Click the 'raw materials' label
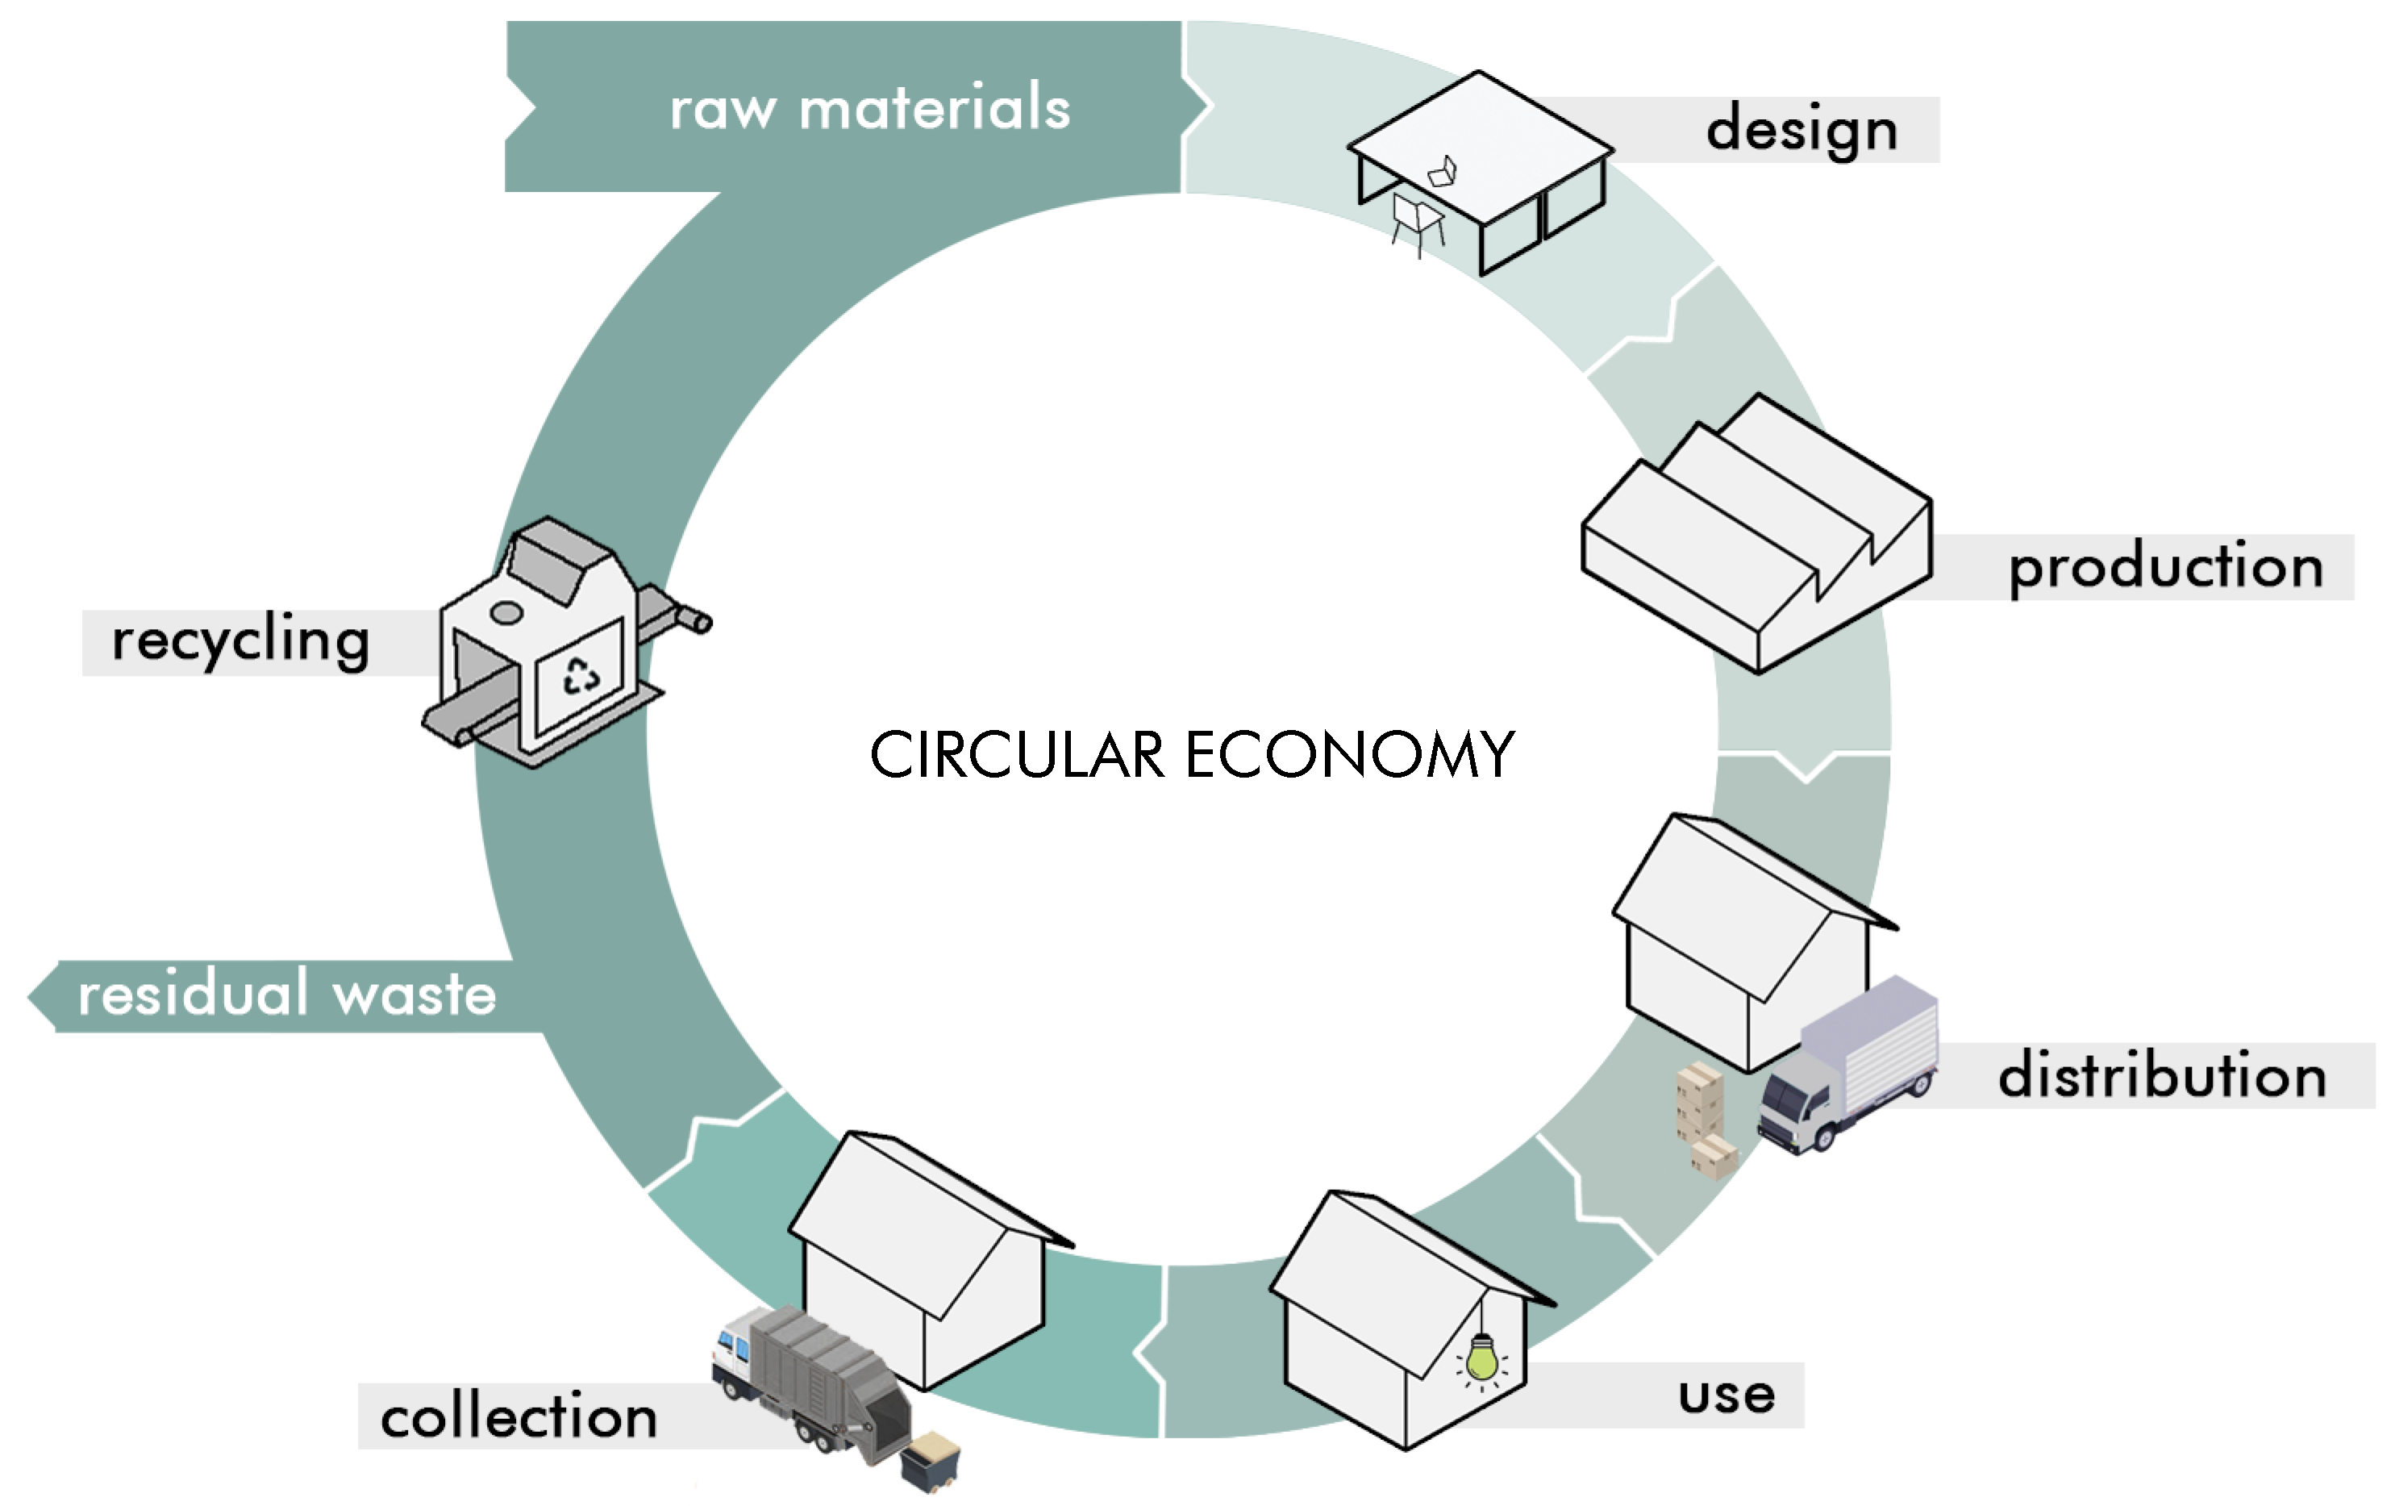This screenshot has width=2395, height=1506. tap(869, 107)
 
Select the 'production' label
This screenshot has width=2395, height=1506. tap(2165, 567)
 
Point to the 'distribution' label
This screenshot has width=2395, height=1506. tap(2162, 1076)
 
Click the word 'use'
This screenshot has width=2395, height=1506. tap(1726, 1395)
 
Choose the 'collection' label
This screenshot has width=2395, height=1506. tap(519, 1416)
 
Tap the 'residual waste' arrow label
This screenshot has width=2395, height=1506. tap(286, 995)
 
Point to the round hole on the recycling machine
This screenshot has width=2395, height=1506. tap(506, 613)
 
